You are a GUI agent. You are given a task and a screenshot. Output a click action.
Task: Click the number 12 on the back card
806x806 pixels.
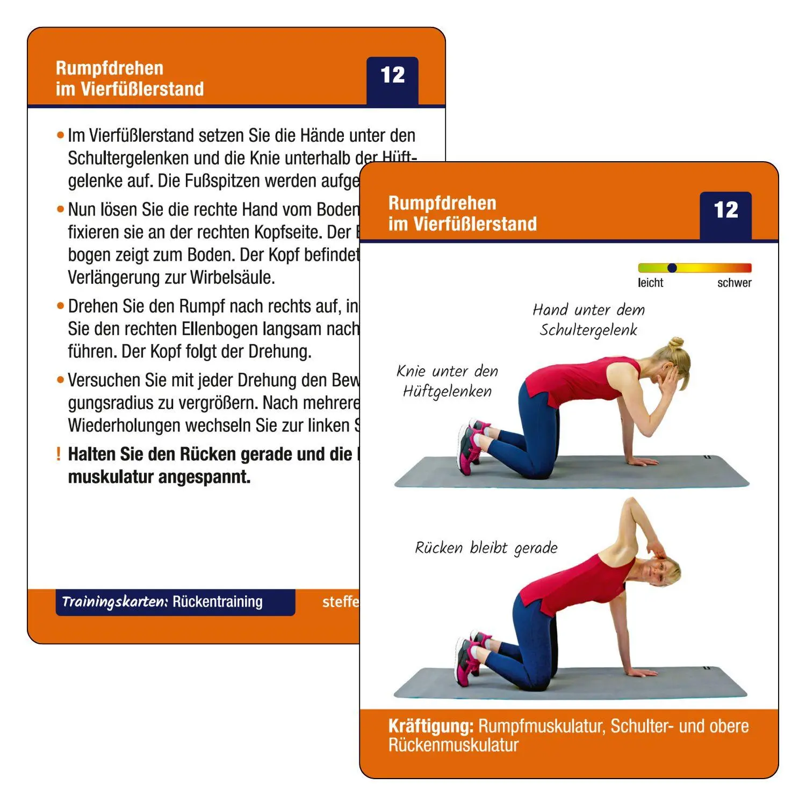(392, 75)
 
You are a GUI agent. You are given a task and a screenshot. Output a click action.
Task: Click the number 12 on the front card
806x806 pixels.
(725, 210)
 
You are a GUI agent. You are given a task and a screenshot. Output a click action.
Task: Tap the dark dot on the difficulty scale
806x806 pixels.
(672, 268)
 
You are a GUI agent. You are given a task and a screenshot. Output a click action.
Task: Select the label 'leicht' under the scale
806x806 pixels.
(650, 283)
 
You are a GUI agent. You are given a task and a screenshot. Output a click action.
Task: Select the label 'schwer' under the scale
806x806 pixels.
(734, 283)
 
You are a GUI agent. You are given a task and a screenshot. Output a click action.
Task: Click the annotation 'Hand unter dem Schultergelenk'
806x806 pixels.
(588, 320)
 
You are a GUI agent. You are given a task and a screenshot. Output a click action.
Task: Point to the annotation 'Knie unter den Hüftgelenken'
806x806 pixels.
(447, 381)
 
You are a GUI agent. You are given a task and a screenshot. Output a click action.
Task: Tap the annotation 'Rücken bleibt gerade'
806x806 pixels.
(486, 548)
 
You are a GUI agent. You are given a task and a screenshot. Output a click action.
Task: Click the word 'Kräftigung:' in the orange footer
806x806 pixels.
(430, 726)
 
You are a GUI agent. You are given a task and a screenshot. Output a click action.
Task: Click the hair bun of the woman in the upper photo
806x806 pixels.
(676, 342)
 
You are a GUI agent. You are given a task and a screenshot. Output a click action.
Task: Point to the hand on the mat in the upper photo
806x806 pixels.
(642, 461)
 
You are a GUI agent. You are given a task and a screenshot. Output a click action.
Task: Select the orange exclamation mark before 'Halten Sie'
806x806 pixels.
(59, 454)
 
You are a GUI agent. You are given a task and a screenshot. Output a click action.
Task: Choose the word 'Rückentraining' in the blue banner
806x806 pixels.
(218, 602)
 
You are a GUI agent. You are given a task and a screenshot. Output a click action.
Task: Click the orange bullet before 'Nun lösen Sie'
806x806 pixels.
(60, 209)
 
